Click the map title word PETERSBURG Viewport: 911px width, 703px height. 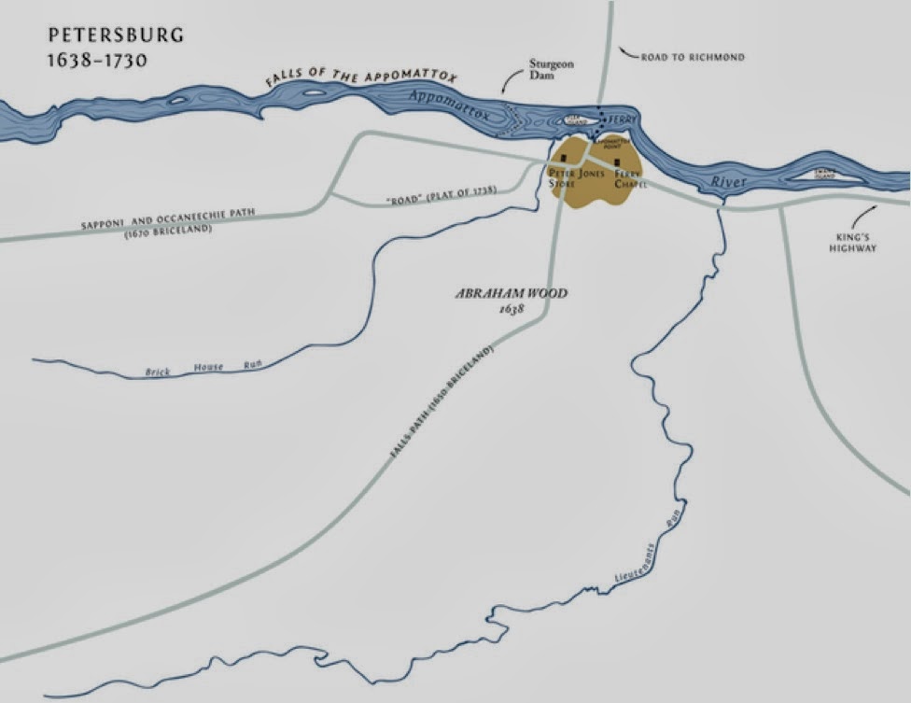[x=116, y=36]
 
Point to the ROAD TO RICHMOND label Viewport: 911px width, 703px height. [x=693, y=57]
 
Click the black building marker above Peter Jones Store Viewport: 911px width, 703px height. [x=563, y=159]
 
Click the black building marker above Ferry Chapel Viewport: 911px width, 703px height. [x=617, y=162]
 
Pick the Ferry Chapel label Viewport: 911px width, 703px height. [x=630, y=178]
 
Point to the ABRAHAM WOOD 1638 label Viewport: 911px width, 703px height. [x=511, y=300]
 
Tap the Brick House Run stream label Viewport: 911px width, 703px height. [x=203, y=369]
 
